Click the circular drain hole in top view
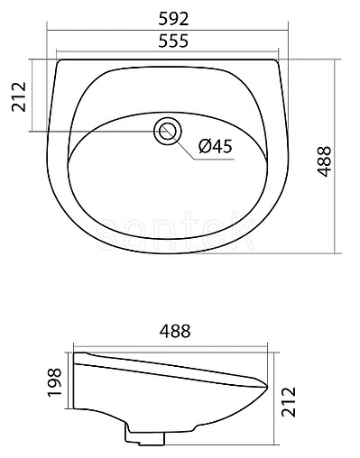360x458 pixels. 167,131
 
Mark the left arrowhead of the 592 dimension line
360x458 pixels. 46,31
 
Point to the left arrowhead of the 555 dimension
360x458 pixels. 58,52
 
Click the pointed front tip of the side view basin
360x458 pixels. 268,385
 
